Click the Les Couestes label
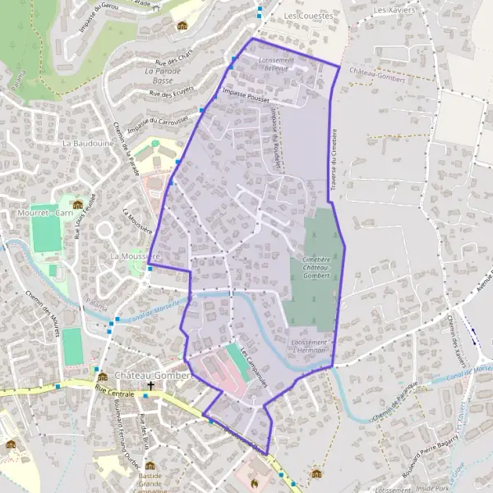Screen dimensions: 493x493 [x=308, y=16]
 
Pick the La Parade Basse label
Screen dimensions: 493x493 [x=162, y=76]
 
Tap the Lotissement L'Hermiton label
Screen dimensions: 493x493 [x=309, y=346]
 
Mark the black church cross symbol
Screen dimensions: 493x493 [x=151, y=385]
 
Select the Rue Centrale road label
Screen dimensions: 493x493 [x=115, y=390]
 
